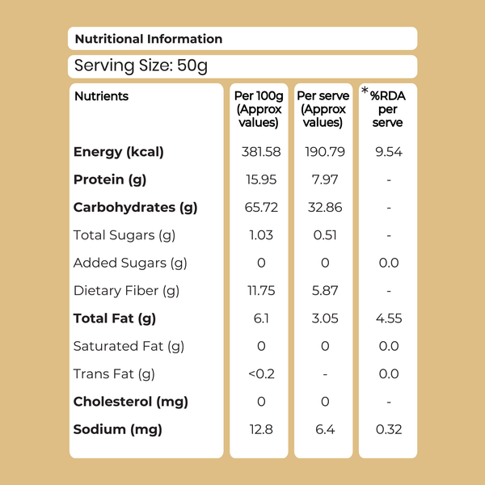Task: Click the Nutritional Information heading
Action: pos(149,39)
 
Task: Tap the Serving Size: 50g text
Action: pos(141,66)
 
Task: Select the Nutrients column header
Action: pos(102,96)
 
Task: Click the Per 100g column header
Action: pos(259,109)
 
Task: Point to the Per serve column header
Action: pos(323,109)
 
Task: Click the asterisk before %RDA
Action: pos(365,91)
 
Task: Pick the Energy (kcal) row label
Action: pos(119,152)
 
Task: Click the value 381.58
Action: pos(261,152)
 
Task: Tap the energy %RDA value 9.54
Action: pos(389,152)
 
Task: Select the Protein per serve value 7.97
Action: pos(325,179)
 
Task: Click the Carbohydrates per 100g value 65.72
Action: pos(261,207)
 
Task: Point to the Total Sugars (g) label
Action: pos(124,235)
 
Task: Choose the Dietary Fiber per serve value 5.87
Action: pos(325,291)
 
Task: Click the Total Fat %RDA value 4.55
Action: pos(389,318)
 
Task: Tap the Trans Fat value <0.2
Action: pos(261,374)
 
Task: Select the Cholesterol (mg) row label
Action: pos(130,402)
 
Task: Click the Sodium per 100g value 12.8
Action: pos(261,429)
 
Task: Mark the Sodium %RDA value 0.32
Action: pos(389,429)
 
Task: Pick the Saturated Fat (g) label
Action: pos(129,347)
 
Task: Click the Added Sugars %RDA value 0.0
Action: pos(389,263)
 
